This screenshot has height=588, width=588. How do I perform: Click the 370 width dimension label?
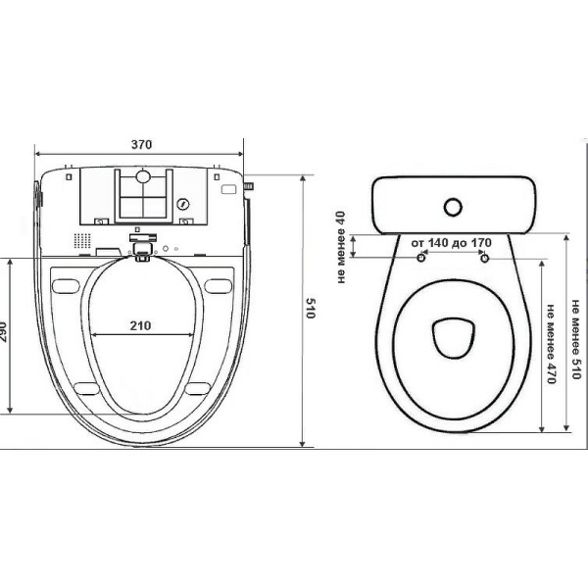click(x=141, y=144)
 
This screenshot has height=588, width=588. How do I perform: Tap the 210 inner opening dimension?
click(x=140, y=325)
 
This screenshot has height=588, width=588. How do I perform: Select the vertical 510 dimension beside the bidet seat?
click(x=310, y=308)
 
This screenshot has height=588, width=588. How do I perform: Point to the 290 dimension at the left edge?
click(x=3, y=332)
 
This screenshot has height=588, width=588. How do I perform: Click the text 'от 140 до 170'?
click(x=451, y=243)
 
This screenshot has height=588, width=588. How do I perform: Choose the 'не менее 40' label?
click(x=341, y=247)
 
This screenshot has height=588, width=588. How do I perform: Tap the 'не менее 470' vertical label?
click(x=551, y=344)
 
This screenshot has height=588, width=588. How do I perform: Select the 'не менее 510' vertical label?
click(x=575, y=339)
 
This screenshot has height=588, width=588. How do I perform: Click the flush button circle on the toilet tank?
click(x=453, y=207)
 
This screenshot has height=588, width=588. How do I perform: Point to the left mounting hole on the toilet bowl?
click(x=421, y=258)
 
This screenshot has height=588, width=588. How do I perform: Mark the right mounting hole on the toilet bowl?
click(x=485, y=258)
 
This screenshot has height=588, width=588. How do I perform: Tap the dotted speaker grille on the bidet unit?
click(x=81, y=240)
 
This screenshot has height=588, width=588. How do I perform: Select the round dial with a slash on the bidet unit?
click(x=182, y=205)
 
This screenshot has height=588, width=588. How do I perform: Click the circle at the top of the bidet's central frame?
click(x=143, y=175)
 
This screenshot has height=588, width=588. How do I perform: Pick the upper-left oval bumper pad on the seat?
click(x=66, y=286)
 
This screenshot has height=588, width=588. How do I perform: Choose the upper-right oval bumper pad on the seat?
click(x=219, y=286)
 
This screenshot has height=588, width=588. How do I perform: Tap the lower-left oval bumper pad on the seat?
click(x=87, y=389)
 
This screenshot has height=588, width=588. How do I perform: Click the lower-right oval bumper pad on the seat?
click(x=198, y=389)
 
